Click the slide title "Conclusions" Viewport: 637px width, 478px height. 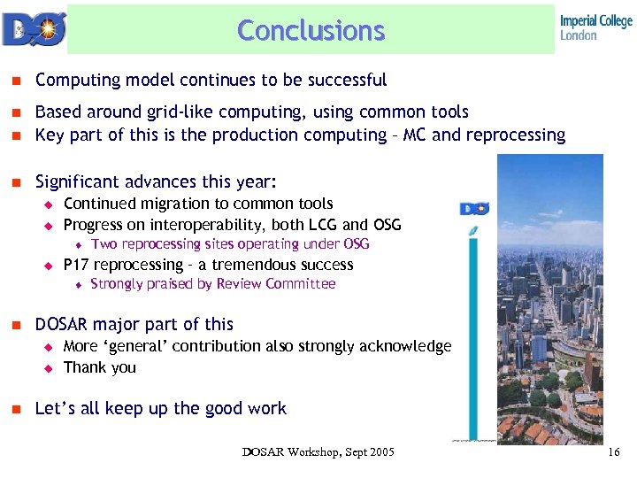311,30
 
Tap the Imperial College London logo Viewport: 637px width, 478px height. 595,27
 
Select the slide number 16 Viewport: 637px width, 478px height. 614,453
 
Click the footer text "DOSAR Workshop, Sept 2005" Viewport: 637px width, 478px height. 318,453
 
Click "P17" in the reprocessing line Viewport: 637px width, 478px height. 77,266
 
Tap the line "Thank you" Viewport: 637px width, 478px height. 100,367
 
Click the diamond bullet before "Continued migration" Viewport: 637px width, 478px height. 50,204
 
